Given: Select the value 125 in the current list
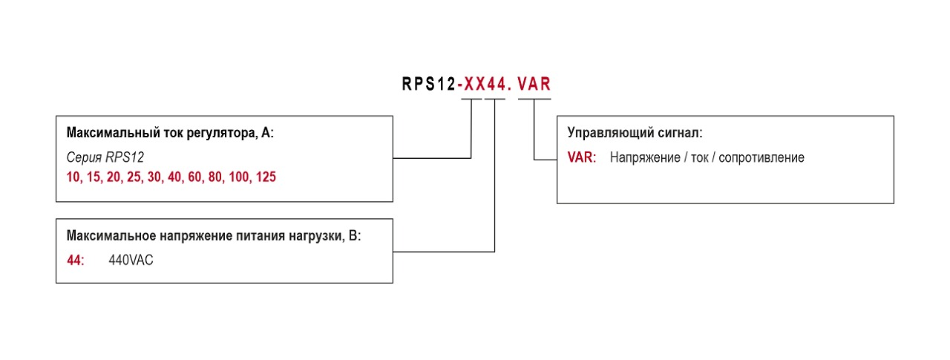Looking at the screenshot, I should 266,178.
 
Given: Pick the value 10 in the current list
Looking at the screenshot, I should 73,178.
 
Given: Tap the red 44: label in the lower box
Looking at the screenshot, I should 76,261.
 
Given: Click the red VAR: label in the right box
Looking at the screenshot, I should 581,157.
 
